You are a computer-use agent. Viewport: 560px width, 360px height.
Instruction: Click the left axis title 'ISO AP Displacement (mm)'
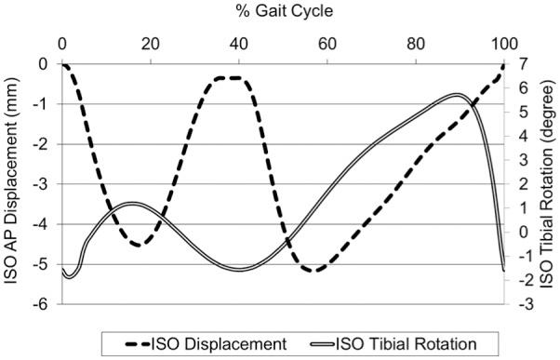[13, 182]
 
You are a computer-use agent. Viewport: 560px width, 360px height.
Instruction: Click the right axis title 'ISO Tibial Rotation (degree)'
[549, 182]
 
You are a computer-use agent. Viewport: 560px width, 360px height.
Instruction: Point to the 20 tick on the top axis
[151, 43]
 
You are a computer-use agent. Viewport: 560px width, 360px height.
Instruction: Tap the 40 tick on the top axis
[239, 43]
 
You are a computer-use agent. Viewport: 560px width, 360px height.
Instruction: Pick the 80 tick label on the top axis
[416, 43]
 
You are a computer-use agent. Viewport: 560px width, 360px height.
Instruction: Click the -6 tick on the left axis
[43, 304]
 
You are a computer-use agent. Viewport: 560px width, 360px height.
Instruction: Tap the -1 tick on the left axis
[43, 104]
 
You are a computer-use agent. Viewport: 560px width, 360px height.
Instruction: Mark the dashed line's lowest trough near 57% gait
[314, 271]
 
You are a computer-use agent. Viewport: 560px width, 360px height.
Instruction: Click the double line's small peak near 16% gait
[132, 204]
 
